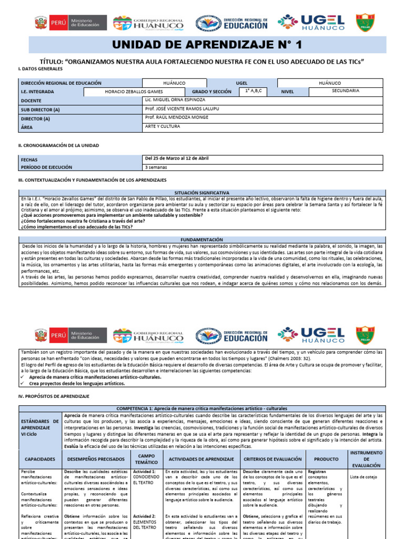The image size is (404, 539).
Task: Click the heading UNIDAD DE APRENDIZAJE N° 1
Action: click(203, 46)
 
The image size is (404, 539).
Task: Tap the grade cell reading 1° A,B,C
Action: click(253, 91)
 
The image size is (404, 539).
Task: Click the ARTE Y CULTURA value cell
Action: click(162, 127)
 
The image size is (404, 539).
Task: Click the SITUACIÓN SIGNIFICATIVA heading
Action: click(201, 193)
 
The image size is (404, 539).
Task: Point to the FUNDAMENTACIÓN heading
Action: click(201, 239)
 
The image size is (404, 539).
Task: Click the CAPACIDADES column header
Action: click(40, 460)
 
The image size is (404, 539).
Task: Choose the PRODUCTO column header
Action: click(326, 460)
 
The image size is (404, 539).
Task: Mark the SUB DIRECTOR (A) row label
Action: click(41, 109)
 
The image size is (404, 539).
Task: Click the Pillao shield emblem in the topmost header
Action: click(365, 23)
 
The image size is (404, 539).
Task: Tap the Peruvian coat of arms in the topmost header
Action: click(40, 23)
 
